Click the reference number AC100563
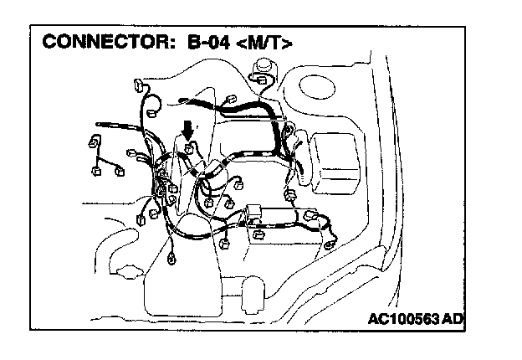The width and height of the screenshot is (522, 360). click(x=404, y=318)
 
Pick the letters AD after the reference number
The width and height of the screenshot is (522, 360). click(x=452, y=318)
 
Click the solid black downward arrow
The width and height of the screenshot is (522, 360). click(x=189, y=129)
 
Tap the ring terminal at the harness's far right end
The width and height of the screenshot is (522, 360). click(x=330, y=243)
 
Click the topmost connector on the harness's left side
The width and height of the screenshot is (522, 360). click(x=139, y=85)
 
